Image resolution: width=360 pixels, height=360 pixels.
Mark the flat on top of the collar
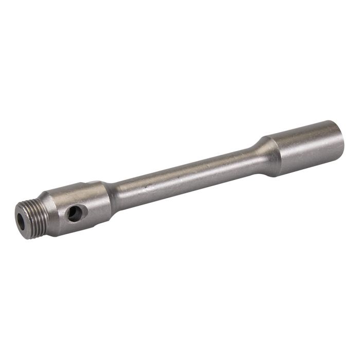(x=77, y=187)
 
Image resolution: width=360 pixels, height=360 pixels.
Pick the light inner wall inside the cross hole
(x=77, y=211)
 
